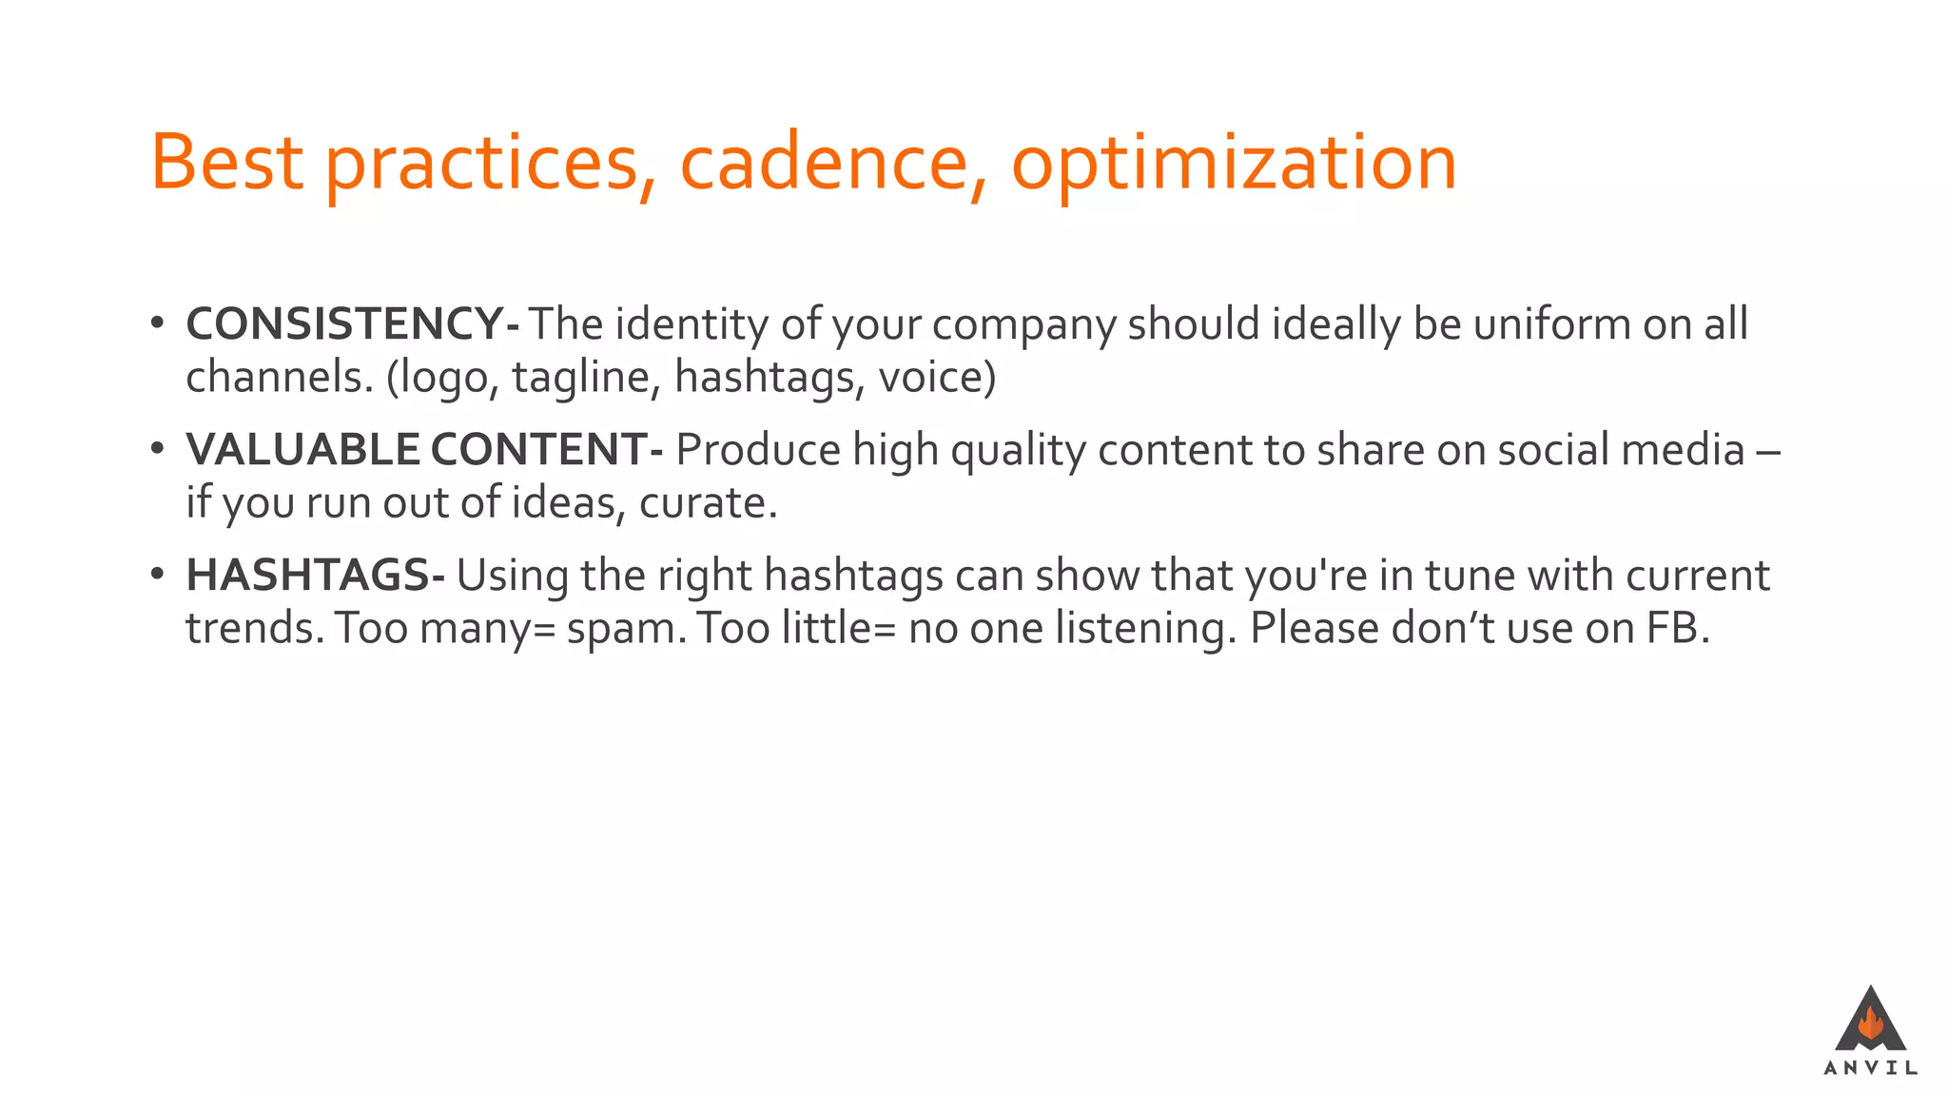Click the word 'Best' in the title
(226, 163)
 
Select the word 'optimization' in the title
(1233, 163)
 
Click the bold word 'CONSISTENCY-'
(352, 324)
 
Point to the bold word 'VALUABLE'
(302, 450)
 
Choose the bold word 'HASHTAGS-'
(315, 576)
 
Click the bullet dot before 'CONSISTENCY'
(158, 323)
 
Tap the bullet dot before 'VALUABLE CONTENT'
(158, 448)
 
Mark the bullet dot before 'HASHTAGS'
(158, 574)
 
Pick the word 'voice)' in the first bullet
(937, 378)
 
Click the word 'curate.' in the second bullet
(708, 503)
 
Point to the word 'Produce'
(757, 450)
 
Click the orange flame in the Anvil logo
(1870, 1024)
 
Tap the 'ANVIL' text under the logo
(1870, 1068)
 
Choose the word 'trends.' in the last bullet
(255, 629)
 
